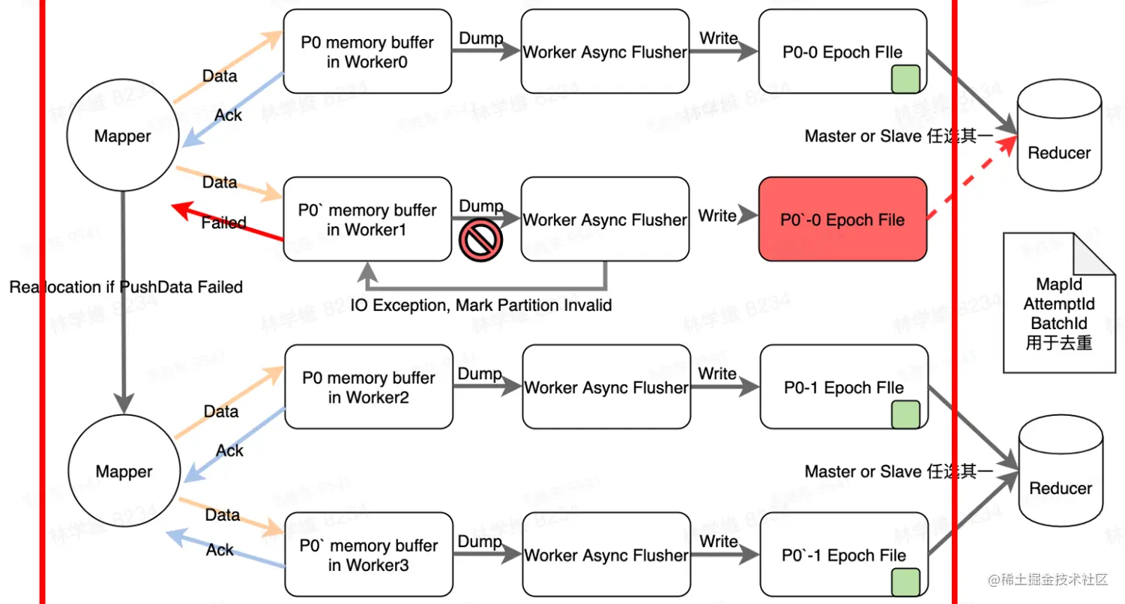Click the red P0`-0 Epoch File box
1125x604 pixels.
tap(843, 220)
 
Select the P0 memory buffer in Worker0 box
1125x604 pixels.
tap(367, 52)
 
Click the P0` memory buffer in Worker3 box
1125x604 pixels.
tap(368, 555)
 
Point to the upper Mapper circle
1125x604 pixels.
tap(123, 136)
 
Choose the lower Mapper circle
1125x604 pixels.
tap(124, 472)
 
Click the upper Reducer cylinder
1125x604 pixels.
tap(1059, 143)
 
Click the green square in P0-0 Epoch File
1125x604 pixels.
tap(905, 79)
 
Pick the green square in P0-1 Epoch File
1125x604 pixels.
tap(905, 414)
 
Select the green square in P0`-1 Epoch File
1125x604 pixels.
tap(905, 582)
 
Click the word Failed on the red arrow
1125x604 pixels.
tap(224, 223)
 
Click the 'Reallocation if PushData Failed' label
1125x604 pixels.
tap(126, 287)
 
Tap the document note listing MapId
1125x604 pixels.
tap(1059, 303)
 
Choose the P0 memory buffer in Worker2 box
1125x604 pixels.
tap(368, 387)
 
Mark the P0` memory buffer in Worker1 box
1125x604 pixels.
tap(367, 220)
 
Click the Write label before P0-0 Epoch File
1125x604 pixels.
tap(718, 39)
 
